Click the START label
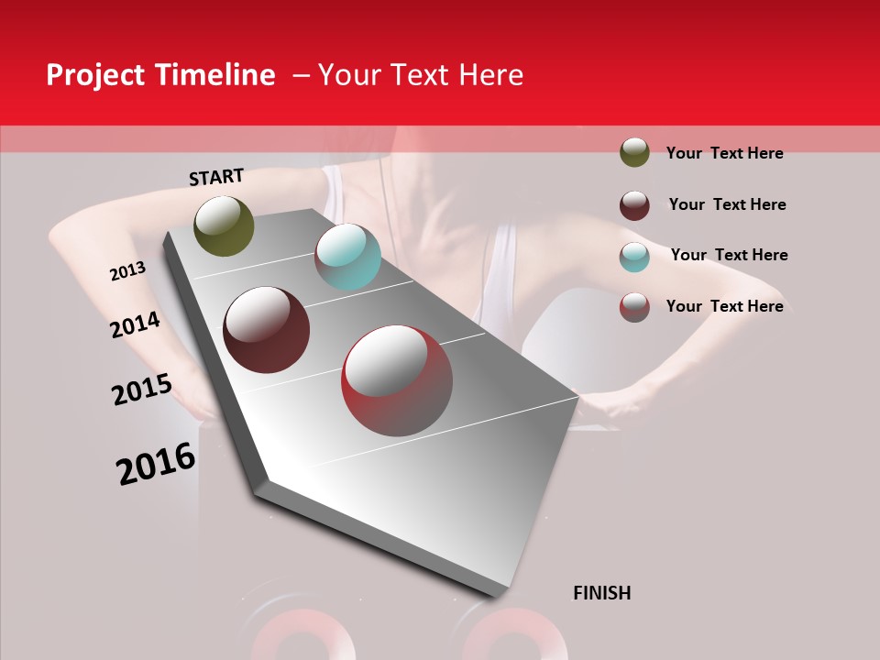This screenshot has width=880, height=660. coord(216,176)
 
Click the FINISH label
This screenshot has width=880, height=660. coord(601,593)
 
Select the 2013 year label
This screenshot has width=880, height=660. coord(127,271)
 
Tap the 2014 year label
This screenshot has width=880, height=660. coord(135,324)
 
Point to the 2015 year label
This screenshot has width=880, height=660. coord(141,390)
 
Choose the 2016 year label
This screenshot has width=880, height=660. coord(156,463)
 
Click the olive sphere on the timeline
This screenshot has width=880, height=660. coord(224,225)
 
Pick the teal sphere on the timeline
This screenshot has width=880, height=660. coord(347,257)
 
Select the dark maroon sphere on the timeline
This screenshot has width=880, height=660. coord(267,330)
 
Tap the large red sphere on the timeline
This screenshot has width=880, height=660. coord(397,380)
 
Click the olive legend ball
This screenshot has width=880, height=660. coord(634,152)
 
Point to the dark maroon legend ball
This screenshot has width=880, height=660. coord(634,205)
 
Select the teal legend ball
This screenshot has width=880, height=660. coord(634,257)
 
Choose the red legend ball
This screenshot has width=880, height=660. coord(634,307)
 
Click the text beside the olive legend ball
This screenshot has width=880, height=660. coord(724,153)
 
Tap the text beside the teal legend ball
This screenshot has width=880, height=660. coord(729,255)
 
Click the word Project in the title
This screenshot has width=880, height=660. coord(96,75)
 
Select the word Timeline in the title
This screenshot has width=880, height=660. coord(214,75)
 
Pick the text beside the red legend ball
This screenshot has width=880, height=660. coord(724,306)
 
